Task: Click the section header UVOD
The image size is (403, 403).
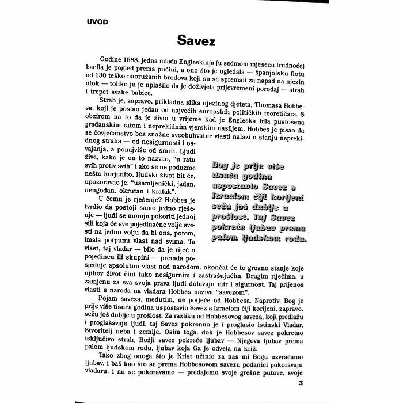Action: point(97,22)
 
